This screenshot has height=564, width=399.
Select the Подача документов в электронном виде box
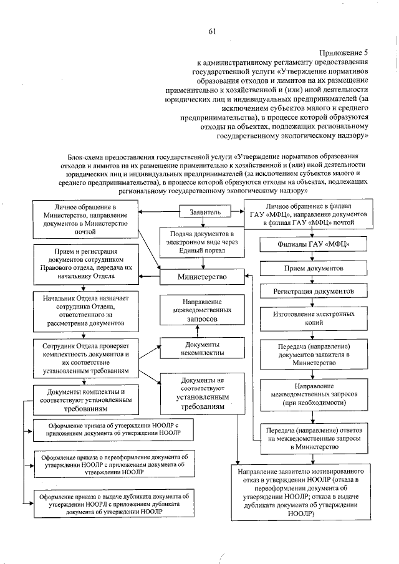[201, 241]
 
